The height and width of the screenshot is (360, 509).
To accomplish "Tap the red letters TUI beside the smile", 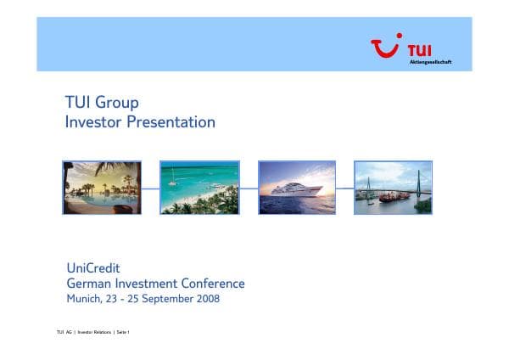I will (419, 50).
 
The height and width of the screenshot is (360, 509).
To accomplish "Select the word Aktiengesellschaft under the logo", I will (430, 62).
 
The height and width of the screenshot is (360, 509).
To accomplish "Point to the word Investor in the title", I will (93, 122).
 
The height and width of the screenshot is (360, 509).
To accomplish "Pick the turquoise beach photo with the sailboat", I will (199, 188).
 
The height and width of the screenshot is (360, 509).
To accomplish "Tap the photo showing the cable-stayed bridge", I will (393, 188).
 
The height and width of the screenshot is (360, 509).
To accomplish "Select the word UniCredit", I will (93, 268).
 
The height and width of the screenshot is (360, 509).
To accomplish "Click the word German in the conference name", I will (88, 284).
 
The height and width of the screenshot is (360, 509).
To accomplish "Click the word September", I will (165, 299).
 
